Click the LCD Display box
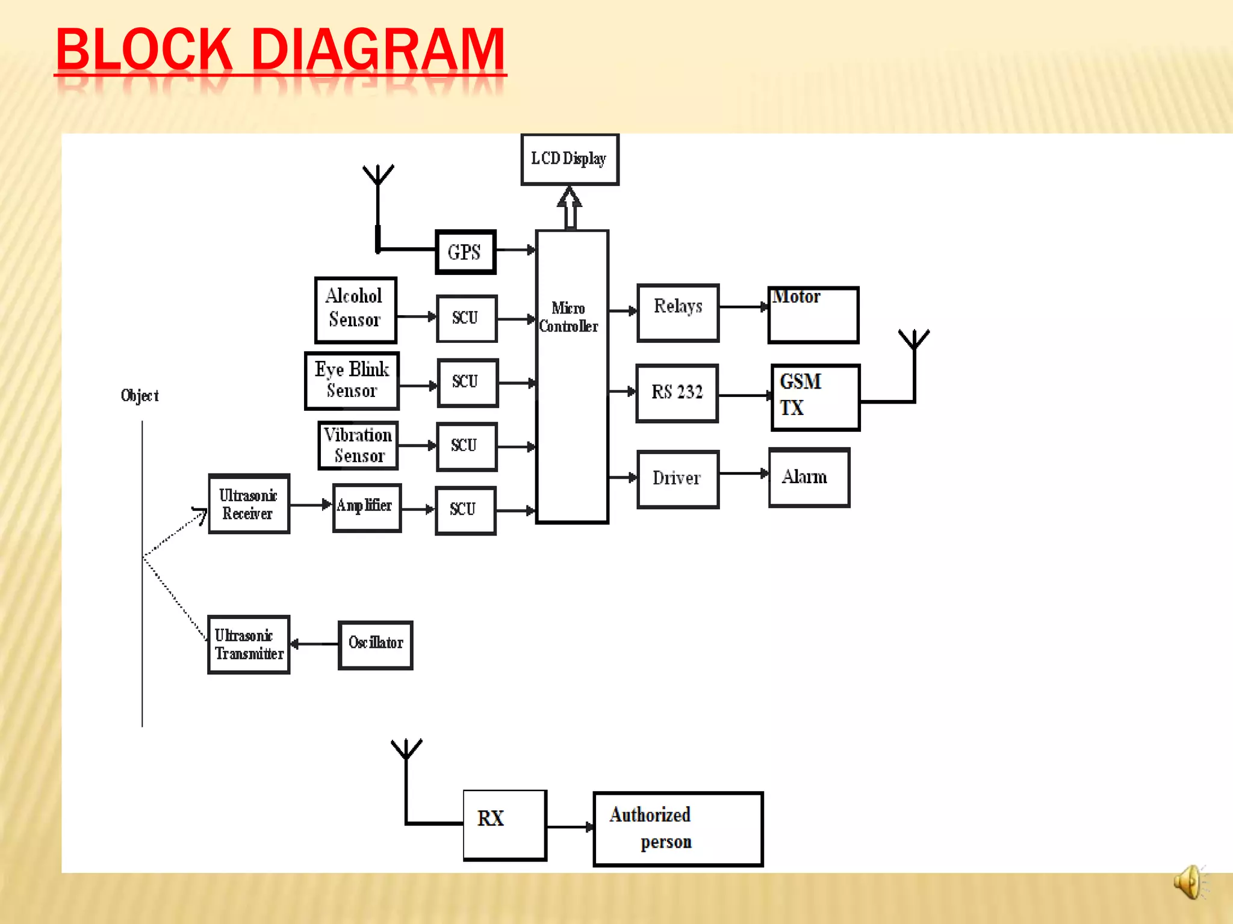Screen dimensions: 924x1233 [x=569, y=159]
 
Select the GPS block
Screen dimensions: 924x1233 [x=465, y=252]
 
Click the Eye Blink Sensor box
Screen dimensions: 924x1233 [x=352, y=381]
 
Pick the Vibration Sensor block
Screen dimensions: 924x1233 [x=358, y=446]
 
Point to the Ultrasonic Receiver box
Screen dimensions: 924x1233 [x=249, y=504]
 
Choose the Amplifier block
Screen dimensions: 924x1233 [x=367, y=508]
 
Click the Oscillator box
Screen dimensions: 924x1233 [x=376, y=645]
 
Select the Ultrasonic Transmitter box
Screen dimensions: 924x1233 [x=249, y=645]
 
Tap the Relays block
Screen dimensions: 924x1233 [x=678, y=313]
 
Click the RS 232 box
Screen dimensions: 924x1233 [x=677, y=393]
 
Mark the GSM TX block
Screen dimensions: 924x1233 [x=815, y=397]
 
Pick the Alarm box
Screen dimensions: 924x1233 [x=809, y=478]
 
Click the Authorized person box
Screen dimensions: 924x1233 [x=678, y=829]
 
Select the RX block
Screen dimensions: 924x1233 [x=505, y=825]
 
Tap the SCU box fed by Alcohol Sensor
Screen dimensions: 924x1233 [x=467, y=318]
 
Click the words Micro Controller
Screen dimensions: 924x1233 [x=568, y=317]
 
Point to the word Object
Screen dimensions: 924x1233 [x=140, y=396]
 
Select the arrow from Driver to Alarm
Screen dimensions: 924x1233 [x=744, y=474]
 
